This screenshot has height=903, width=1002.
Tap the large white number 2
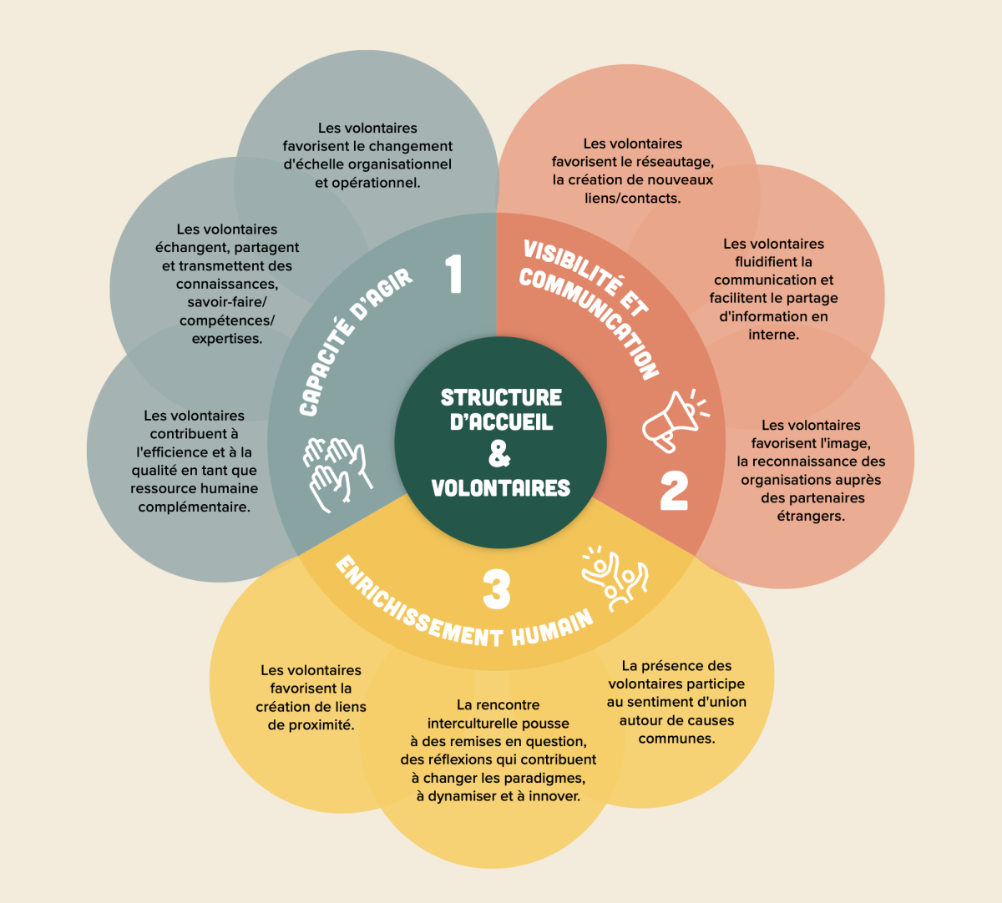674,491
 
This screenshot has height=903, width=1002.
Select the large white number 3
496,589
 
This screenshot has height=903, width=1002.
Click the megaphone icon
672,419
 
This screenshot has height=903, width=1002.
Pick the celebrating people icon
615,578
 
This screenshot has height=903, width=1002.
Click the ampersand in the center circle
499,454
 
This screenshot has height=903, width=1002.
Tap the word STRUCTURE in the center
501,397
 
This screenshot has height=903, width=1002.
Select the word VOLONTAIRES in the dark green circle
501,487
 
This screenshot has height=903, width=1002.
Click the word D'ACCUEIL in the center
501,422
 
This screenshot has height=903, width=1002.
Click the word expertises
226,339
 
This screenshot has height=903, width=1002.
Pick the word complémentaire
194,507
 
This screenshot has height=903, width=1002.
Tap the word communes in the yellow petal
676,739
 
